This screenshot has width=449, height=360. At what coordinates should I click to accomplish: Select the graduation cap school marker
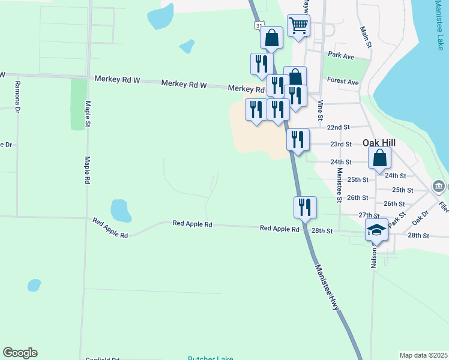tap(376, 230)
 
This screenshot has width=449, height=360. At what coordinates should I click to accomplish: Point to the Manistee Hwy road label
tap(327, 287)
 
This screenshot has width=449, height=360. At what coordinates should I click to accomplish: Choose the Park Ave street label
tap(341, 55)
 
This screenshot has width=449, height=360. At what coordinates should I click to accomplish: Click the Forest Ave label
tap(343, 82)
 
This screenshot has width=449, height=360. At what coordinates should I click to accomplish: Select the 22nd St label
tap(339, 127)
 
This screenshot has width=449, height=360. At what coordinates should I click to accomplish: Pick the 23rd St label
tap(340, 145)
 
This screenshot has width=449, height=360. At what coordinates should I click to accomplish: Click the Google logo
tap(20, 353)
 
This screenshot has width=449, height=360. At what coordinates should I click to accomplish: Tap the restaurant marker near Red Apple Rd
tap(305, 208)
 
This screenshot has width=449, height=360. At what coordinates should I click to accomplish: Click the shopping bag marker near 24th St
tap(379, 158)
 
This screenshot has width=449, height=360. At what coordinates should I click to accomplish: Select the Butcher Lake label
tap(210, 358)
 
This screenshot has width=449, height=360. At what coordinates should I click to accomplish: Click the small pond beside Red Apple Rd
tap(121, 211)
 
